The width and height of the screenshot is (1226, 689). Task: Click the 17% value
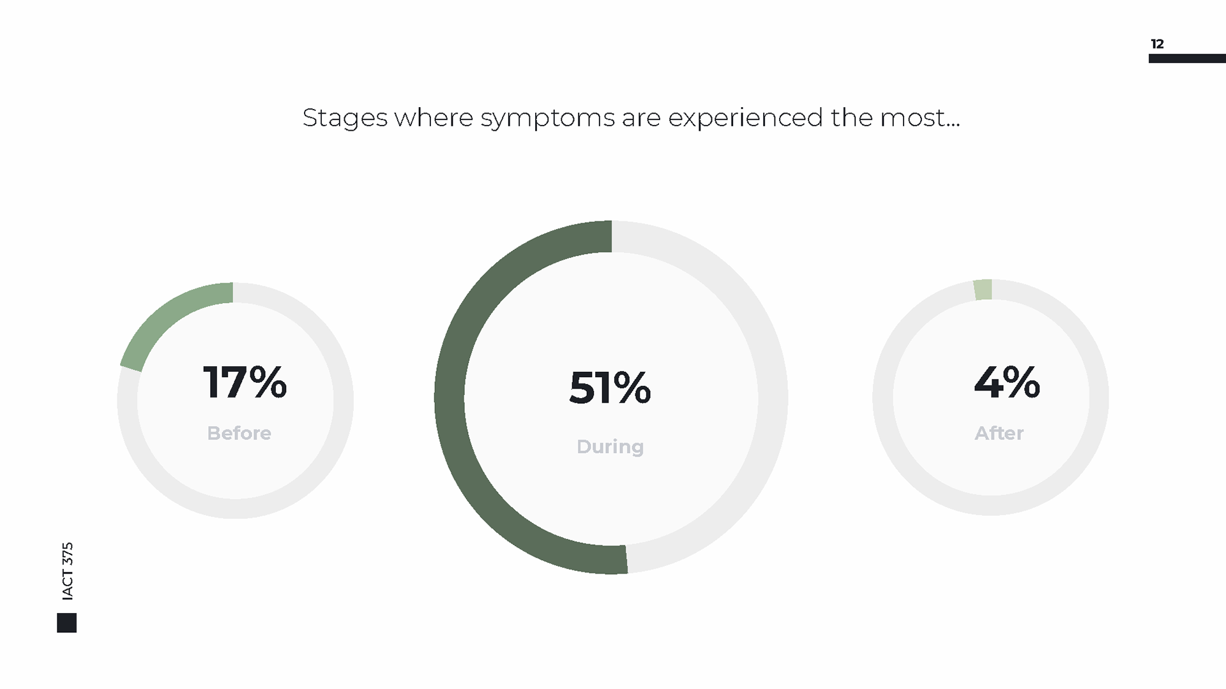click(245, 382)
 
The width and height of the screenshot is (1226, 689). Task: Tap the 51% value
click(610, 387)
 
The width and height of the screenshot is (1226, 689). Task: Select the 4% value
click(1007, 382)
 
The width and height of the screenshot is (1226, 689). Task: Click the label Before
click(239, 433)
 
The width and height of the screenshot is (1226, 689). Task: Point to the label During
click(610, 447)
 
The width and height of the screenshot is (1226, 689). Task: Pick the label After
click(999, 433)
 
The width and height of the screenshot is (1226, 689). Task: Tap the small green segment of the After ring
click(983, 290)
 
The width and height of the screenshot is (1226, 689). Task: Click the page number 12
click(1157, 44)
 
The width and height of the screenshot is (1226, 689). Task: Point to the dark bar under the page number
click(1187, 59)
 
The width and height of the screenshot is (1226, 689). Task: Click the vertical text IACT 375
click(68, 571)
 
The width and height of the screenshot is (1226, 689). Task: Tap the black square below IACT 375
click(66, 623)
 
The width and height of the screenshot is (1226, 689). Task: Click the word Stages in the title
click(345, 119)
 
